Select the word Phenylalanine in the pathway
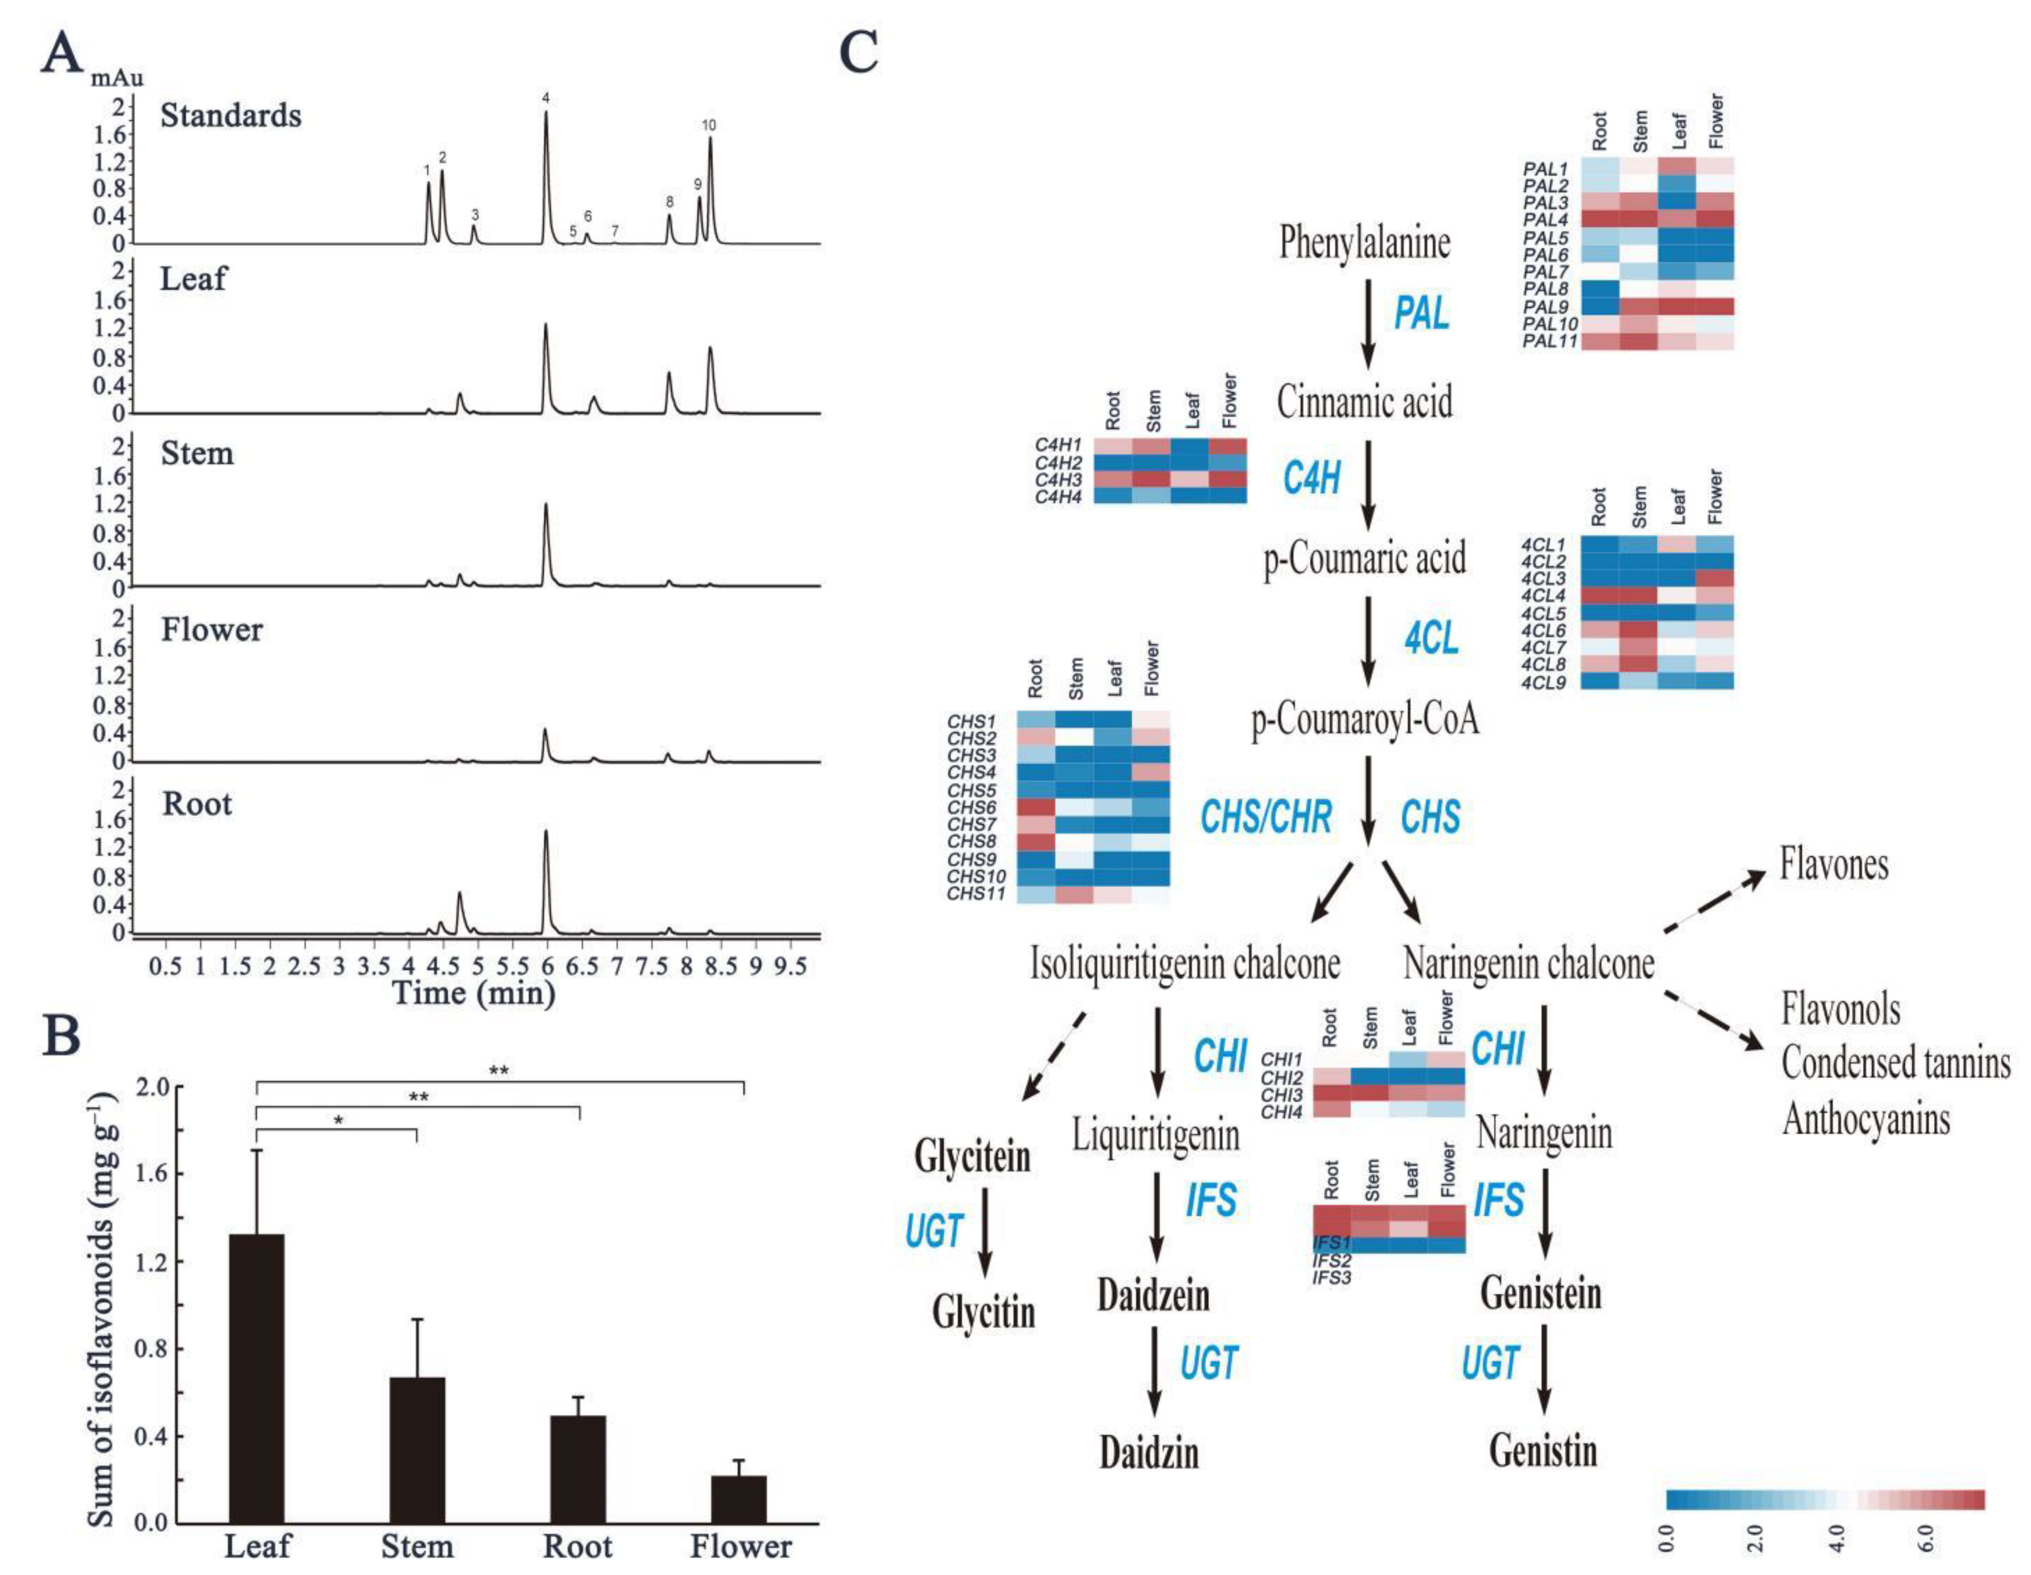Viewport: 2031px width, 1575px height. click(1364, 243)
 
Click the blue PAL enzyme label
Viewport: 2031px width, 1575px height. click(1421, 313)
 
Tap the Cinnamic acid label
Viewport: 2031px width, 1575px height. click(1364, 403)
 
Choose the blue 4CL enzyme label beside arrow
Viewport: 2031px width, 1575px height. click(1431, 638)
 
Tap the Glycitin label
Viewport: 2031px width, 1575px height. click(983, 1313)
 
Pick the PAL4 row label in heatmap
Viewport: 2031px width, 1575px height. click(1545, 220)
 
